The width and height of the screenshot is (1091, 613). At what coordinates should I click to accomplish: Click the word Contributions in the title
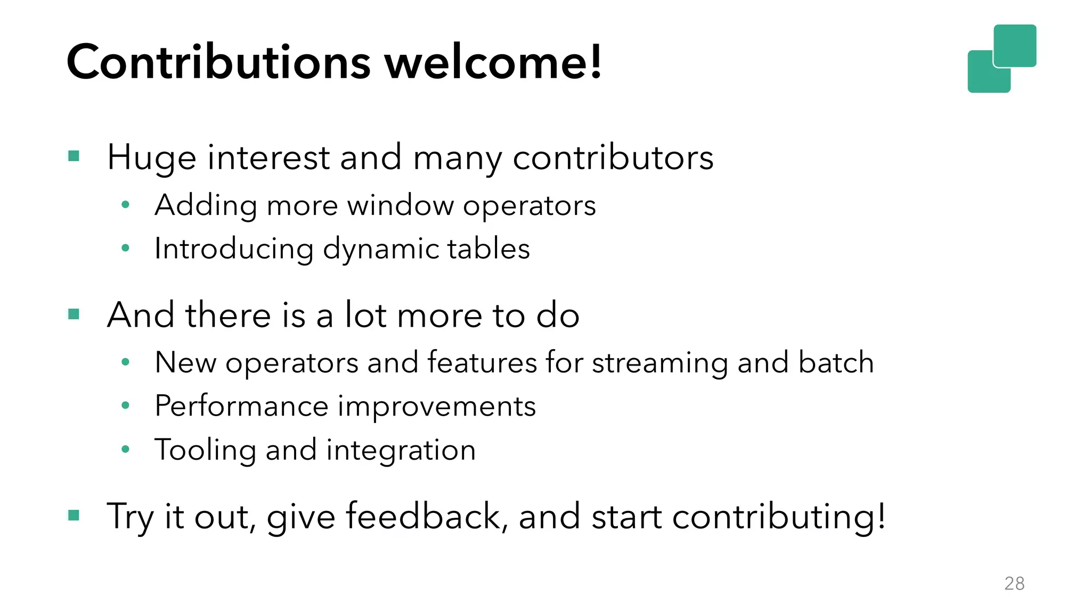(218, 62)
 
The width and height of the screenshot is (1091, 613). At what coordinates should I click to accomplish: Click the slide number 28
(1014, 584)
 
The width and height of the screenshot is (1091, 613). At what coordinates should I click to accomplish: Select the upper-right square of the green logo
(1015, 45)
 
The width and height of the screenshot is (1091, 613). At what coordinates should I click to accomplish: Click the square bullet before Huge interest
(74, 156)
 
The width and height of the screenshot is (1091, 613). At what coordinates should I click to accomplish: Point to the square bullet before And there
(74, 314)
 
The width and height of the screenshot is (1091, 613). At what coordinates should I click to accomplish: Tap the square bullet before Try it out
(74, 515)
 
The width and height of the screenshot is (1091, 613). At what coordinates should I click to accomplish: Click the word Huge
(151, 158)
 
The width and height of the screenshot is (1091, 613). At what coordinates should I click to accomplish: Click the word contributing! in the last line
(779, 517)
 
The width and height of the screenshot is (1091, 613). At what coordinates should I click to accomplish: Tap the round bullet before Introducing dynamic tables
(126, 248)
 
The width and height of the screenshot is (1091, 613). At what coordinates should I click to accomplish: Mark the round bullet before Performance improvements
(126, 406)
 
